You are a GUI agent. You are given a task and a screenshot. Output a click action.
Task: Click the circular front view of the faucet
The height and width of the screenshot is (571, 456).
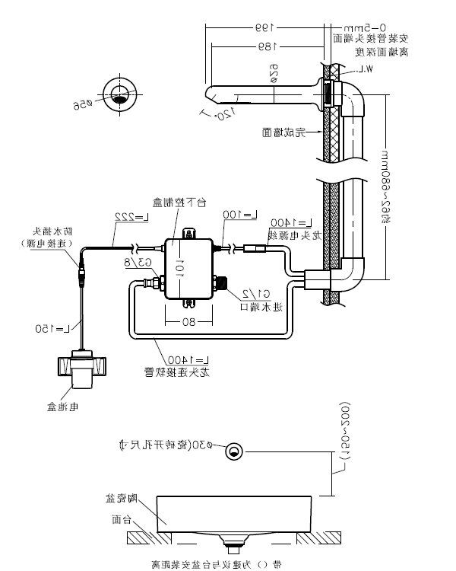click(x=119, y=94)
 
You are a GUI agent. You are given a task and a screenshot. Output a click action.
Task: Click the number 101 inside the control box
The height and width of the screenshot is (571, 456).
click(x=180, y=267)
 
